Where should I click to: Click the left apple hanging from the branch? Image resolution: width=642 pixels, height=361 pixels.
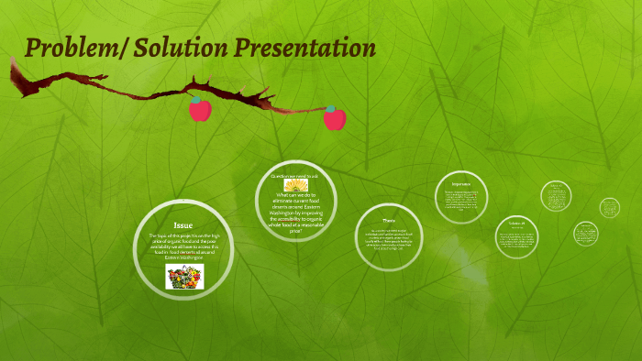click(x=200, y=110)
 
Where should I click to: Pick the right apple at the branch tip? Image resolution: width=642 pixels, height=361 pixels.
click(x=335, y=118)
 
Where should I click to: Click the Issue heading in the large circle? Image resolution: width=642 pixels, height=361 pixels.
click(x=183, y=224)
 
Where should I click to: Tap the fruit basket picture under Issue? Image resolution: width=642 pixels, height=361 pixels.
click(x=183, y=277)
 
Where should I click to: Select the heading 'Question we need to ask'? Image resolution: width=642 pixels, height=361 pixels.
click(x=294, y=174)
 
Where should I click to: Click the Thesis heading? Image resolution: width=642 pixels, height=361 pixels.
click(x=389, y=220)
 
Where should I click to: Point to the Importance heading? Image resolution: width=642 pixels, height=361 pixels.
click(x=460, y=183)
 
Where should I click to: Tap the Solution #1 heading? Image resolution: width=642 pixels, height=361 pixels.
click(x=516, y=224)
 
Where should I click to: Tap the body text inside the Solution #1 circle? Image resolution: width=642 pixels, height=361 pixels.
click(x=516, y=241)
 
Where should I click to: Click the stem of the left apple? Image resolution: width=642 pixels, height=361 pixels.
click(x=194, y=96)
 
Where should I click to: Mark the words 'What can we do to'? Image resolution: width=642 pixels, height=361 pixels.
click(x=294, y=195)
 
